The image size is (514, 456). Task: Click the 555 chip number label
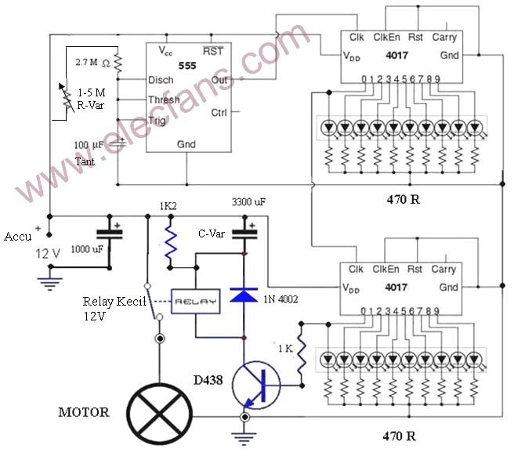[x=187, y=66]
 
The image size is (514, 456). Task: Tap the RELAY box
[x=196, y=302]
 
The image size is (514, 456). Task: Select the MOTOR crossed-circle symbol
[x=160, y=414]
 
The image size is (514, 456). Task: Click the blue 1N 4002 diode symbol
[x=244, y=294]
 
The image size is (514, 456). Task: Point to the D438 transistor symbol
[x=256, y=385]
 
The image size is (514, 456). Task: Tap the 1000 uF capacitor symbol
[x=110, y=233]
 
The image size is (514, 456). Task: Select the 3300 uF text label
[x=248, y=202]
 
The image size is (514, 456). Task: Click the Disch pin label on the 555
[x=161, y=80]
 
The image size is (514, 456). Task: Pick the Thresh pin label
[x=164, y=100]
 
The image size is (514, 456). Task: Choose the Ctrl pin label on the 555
[x=219, y=113]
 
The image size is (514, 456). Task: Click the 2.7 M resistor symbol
[x=118, y=63]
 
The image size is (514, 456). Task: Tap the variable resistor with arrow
[x=67, y=97]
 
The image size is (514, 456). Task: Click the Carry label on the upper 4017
[x=444, y=38]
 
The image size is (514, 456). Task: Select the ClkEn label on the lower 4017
[x=385, y=270]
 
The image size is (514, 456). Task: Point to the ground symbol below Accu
[x=50, y=284]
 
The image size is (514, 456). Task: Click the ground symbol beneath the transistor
[x=244, y=439]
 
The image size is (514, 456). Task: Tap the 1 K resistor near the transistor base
[x=302, y=354]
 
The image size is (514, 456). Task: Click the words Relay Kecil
[x=114, y=301]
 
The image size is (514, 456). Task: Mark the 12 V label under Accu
[x=48, y=254]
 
